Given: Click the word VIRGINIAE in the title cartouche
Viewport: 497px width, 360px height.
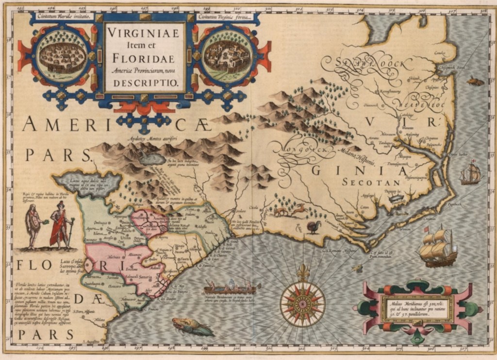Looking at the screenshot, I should pos(143,34).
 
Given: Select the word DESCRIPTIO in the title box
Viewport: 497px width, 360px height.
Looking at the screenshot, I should pos(143,83).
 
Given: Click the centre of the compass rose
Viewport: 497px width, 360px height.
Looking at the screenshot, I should pos(303,304).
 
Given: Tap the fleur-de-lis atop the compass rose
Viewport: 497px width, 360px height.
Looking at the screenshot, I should pos(303,273).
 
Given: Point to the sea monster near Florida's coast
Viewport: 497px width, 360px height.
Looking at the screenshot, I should pos(192,326).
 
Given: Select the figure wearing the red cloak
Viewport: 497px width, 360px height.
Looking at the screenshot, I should pos(59,225).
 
